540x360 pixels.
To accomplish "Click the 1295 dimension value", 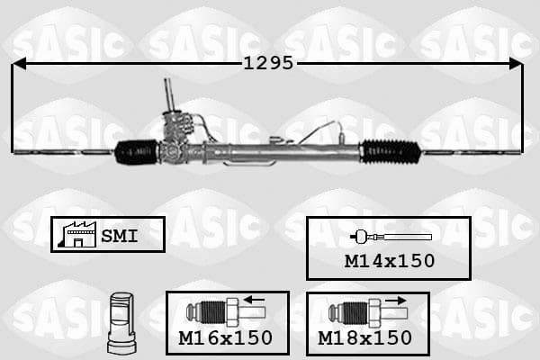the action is (268, 63).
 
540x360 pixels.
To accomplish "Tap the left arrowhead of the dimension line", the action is (19, 64).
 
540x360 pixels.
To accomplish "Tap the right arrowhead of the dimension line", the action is (516, 64).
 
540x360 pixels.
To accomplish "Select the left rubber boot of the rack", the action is (137, 151).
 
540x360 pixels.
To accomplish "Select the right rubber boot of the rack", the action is (390, 151).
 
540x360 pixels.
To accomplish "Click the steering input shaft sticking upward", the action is (169, 94).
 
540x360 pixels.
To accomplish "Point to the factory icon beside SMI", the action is (77, 235).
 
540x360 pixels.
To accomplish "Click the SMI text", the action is (120, 236).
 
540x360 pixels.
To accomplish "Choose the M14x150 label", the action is (390, 261).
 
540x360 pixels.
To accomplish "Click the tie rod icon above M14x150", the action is (391, 237).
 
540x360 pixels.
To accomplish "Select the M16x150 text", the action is (226, 338).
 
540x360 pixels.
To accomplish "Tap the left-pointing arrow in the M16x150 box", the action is (254, 300).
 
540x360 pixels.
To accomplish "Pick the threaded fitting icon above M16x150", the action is (226, 312).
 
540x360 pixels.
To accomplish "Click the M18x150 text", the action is (364, 338).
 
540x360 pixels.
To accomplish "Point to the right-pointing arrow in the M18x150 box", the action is (396, 301).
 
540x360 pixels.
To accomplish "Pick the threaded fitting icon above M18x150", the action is (368, 313).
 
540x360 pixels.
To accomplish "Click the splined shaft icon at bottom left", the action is (121, 323).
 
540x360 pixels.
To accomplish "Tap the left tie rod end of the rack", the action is (63, 151).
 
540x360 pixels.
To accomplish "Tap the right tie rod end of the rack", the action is (472, 151).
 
